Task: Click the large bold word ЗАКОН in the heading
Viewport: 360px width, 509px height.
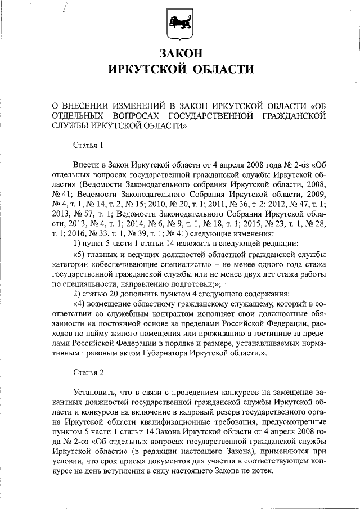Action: (180, 53)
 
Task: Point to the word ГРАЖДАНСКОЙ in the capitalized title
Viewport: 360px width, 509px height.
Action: (300, 115)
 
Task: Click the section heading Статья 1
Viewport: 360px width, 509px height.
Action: (89, 146)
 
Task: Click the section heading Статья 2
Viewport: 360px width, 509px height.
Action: (89, 372)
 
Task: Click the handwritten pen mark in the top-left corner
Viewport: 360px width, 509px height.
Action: (66, 8)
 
